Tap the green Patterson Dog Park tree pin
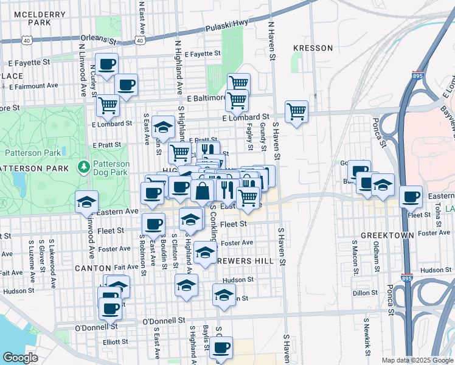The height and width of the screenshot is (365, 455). click(x=83, y=166)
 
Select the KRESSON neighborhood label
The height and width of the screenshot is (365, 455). click(x=313, y=48)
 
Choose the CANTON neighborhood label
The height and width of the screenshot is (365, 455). click(x=92, y=268)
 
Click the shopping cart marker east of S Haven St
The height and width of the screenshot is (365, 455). click(x=296, y=111)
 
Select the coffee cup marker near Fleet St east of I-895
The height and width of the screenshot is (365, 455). click(x=411, y=196)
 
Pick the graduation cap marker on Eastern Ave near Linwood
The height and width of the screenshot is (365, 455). click(x=86, y=201)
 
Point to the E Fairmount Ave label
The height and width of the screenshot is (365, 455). click(x=32, y=86)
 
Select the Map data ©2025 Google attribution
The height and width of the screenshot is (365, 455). click(x=417, y=360)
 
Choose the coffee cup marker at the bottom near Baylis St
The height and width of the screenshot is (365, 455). click(x=221, y=347)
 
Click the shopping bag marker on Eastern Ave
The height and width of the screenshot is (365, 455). click(x=202, y=190)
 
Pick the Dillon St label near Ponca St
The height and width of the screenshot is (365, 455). click(x=366, y=293)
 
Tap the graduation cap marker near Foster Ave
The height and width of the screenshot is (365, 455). click(x=206, y=251)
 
